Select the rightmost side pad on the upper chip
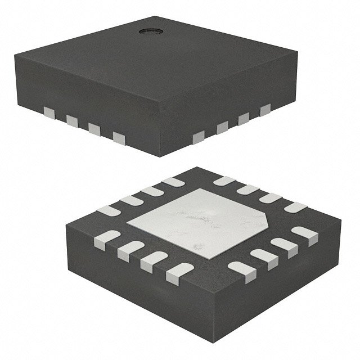(x=265, y=109)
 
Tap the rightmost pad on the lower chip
(x=304, y=234)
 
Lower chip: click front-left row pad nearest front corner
(x=175, y=272)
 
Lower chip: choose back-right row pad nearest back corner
(x=224, y=181)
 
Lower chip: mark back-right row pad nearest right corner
(x=294, y=207)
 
